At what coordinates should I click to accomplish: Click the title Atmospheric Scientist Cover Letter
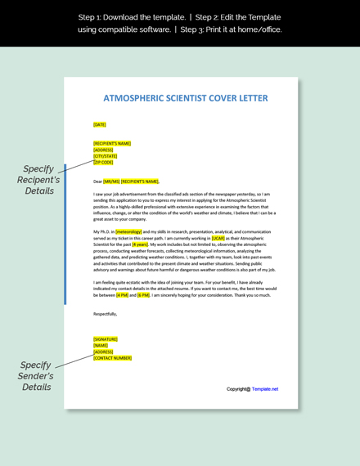pyautogui.click(x=185, y=98)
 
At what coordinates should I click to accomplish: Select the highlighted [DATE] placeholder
pyautogui.click(x=100, y=125)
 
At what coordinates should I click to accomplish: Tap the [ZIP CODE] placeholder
pyautogui.click(x=103, y=163)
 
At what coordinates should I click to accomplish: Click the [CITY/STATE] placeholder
pyautogui.click(x=105, y=156)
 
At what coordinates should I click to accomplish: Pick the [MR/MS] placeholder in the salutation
pyautogui.click(x=111, y=181)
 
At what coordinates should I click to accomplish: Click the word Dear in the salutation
pyautogui.click(x=97, y=181)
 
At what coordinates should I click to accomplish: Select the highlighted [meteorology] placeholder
pyautogui.click(x=128, y=231)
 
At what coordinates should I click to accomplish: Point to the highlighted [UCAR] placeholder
pyautogui.click(x=218, y=238)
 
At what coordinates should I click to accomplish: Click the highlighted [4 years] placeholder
pyautogui.click(x=140, y=244)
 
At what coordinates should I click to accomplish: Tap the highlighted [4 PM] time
pyautogui.click(x=122, y=295)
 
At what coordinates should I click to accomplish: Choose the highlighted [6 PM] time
pyautogui.click(x=143, y=295)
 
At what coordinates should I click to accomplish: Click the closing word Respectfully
pyautogui.click(x=105, y=313)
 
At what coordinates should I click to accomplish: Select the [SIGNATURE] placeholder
pyautogui.click(x=106, y=339)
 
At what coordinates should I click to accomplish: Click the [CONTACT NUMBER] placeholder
pyautogui.click(x=112, y=358)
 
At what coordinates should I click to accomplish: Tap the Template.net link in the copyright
pyautogui.click(x=265, y=389)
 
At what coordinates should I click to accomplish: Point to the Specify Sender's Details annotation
pyautogui.click(x=36, y=376)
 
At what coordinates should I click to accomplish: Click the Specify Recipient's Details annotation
pyautogui.click(x=38, y=180)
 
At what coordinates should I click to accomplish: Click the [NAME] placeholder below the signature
pyautogui.click(x=101, y=346)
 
